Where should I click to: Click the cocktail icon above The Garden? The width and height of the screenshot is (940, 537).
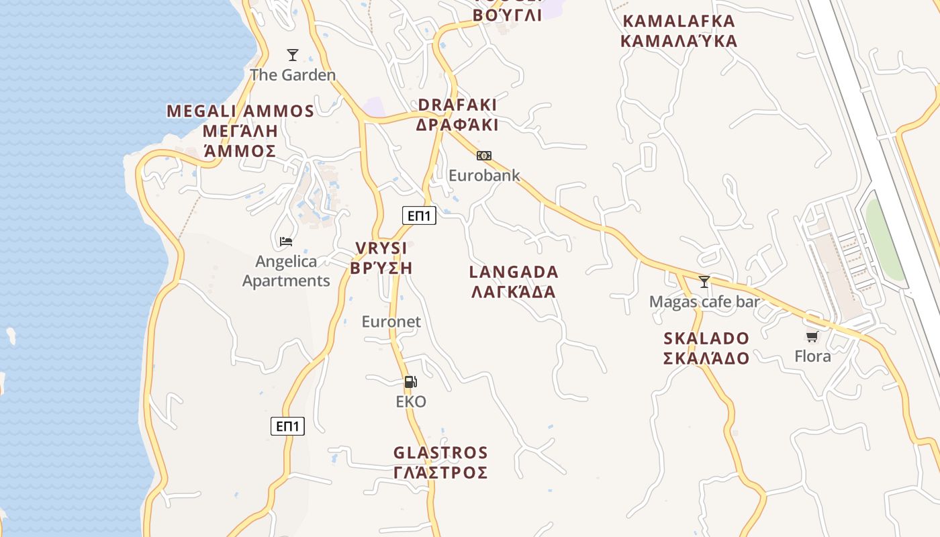tap(293, 55)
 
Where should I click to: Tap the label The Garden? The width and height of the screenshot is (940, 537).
tap(293, 75)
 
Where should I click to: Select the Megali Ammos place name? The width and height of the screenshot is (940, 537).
tap(240, 131)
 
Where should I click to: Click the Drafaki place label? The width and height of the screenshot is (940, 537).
tap(457, 115)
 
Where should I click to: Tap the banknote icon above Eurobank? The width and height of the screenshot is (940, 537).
tap(483, 156)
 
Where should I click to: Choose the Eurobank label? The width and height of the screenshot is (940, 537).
tap(484, 176)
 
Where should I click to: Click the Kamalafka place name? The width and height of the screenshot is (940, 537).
tap(679, 31)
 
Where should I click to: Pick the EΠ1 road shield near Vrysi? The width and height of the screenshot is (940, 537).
tap(420, 215)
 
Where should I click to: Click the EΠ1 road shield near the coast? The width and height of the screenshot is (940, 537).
tap(287, 426)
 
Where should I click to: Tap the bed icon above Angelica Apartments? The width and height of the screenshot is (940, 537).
tap(286, 242)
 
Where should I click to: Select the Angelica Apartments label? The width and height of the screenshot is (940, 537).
tap(286, 271)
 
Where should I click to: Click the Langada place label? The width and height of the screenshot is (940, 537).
tap(514, 282)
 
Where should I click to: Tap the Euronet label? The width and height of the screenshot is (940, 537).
tap(391, 322)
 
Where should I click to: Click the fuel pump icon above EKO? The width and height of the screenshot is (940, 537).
tap(410, 382)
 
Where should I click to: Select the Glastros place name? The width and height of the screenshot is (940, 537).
tap(440, 462)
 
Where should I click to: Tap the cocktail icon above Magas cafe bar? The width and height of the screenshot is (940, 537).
tap(704, 282)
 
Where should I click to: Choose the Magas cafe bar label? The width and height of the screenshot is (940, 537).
tap(704, 302)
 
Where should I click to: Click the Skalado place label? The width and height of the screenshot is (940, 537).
tap(706, 348)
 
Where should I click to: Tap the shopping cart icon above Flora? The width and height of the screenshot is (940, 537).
tap(812, 336)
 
